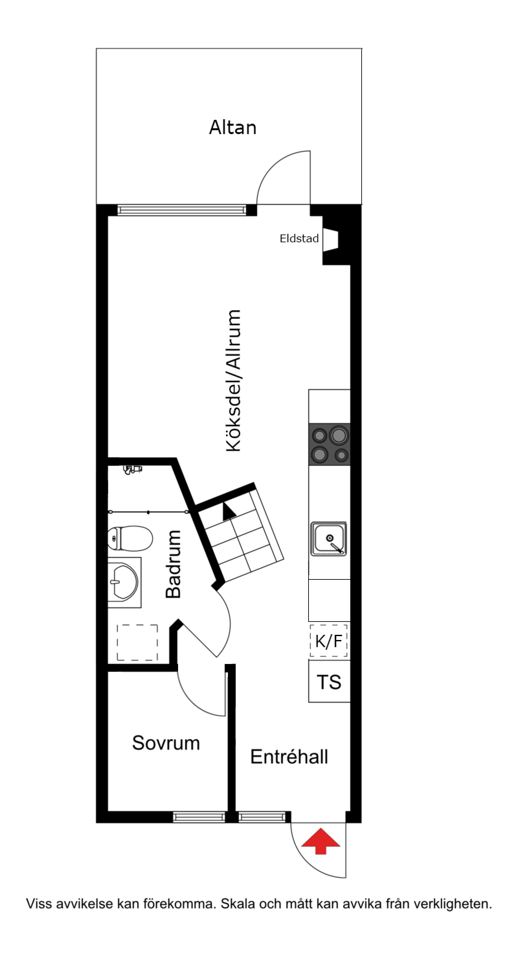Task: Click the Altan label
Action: click(233, 128)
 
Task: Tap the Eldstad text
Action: click(299, 238)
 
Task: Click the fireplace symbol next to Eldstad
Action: click(330, 239)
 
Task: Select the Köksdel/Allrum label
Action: click(233, 381)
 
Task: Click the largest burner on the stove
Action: click(339, 435)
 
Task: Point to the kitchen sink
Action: click(329, 539)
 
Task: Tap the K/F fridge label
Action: click(329, 641)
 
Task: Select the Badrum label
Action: click(174, 564)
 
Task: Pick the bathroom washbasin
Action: click(124, 582)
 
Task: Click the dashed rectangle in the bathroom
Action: click(137, 642)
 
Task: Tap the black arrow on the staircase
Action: click(229, 511)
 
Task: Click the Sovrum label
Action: click(166, 743)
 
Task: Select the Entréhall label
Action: click(289, 757)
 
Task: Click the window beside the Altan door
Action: click(182, 210)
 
